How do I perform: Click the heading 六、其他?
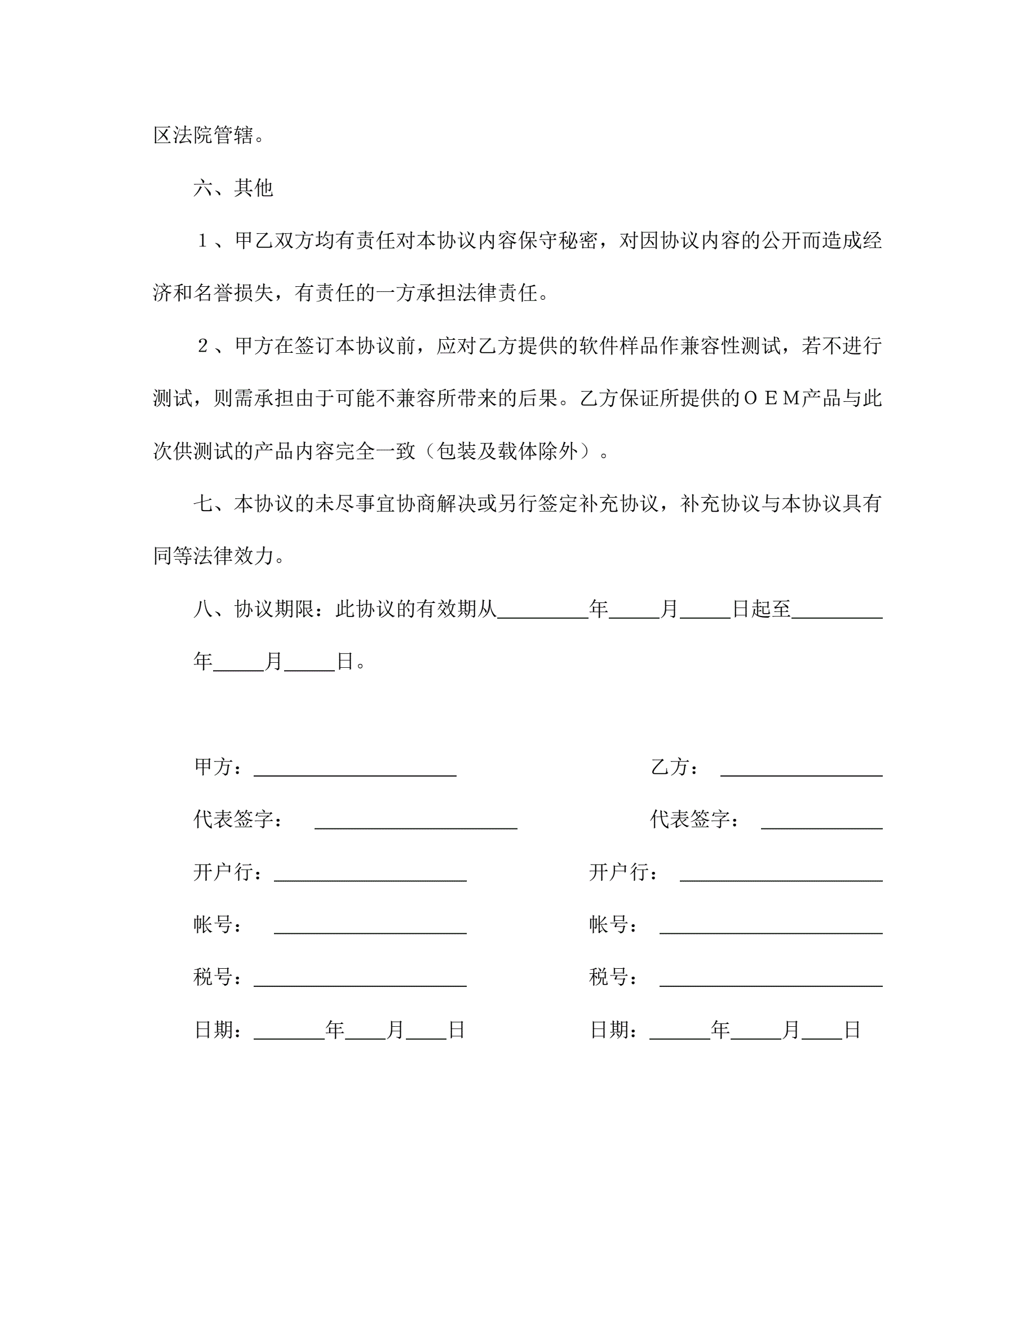[233, 188]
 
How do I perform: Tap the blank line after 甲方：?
[355, 769]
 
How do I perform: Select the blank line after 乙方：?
[801, 769]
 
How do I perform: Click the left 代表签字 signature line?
[415, 822]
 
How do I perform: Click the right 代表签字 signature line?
[821, 822]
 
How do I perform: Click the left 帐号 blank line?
[370, 928]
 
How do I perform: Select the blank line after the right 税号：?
[771, 981]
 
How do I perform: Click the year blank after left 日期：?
[289, 1033]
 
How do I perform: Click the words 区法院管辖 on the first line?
[204, 135]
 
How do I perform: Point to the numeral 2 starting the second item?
[203, 346]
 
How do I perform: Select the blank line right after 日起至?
[837, 613]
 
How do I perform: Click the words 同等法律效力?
[214, 556]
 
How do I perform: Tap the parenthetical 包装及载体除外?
[508, 451]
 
